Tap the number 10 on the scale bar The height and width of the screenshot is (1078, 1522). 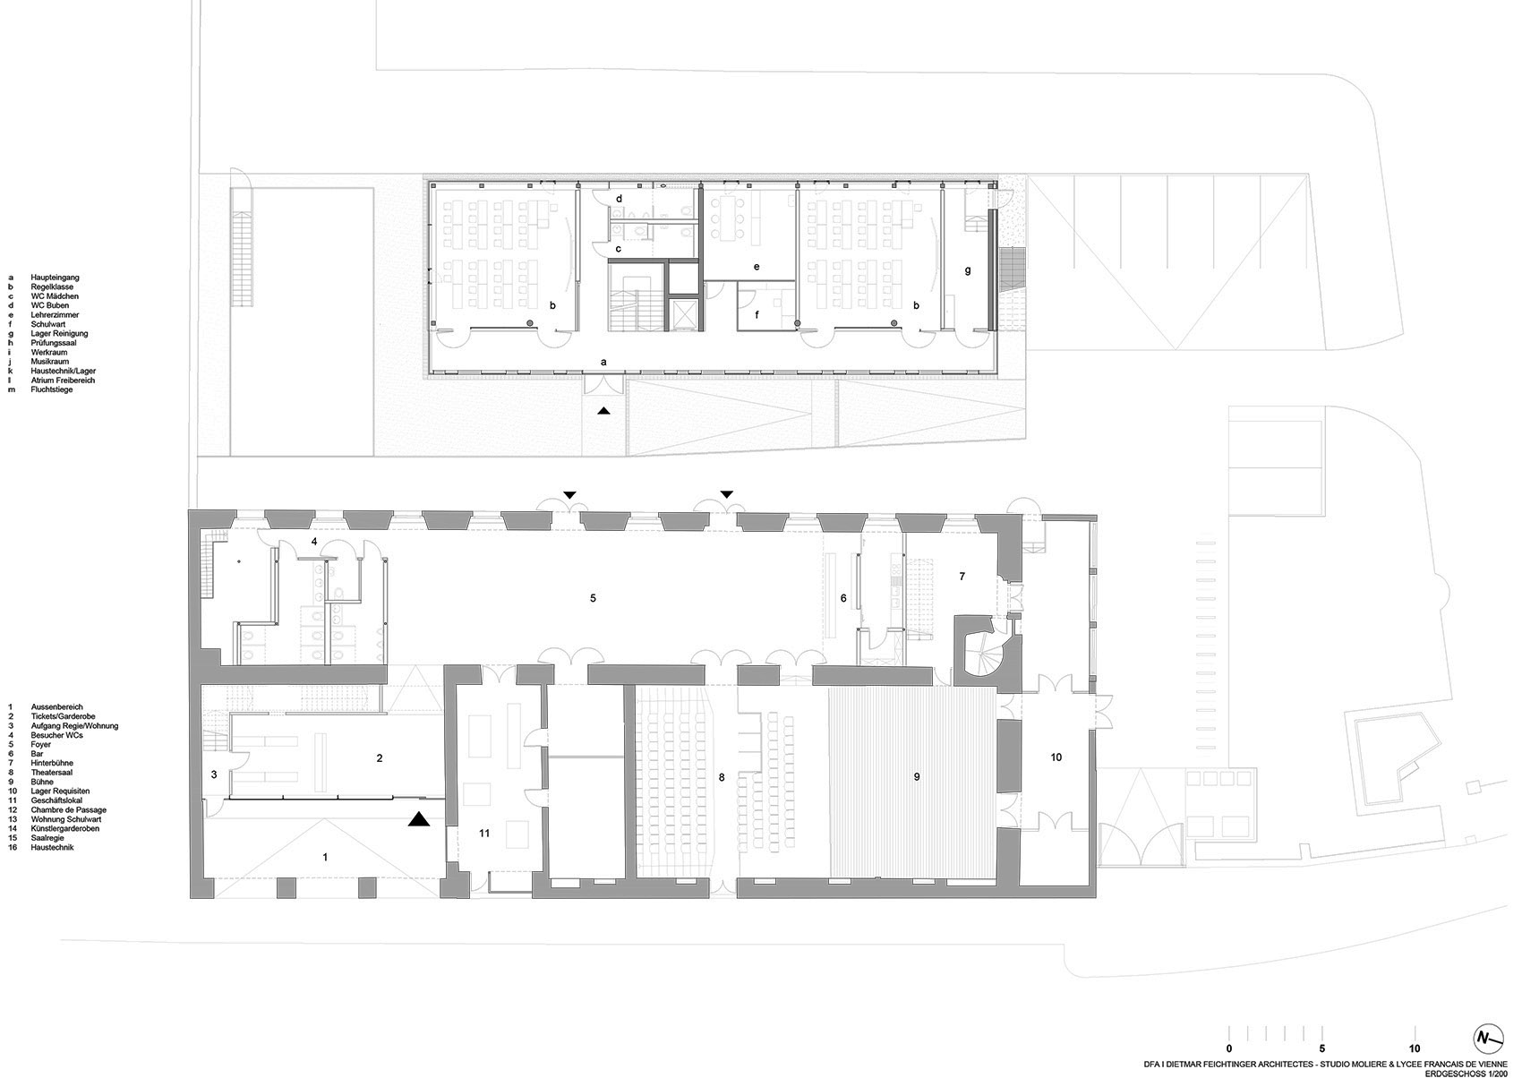(1415, 1048)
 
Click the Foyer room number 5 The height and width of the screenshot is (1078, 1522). (593, 597)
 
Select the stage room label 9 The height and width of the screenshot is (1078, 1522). (917, 777)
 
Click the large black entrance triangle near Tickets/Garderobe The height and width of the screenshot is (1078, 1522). (418, 819)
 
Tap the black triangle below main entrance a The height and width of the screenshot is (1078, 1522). (604, 410)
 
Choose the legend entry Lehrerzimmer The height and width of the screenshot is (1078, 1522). (55, 315)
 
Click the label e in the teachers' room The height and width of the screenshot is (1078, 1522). (757, 267)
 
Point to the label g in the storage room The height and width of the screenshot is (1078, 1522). (968, 269)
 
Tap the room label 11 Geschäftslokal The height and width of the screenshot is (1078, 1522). (484, 833)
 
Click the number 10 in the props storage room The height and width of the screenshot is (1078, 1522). (1056, 757)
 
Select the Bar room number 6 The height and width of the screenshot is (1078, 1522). (843, 598)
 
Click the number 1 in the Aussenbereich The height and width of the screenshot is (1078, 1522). (325, 857)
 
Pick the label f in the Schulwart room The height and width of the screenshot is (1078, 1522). (757, 314)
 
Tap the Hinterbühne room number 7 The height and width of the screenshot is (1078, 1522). (962, 577)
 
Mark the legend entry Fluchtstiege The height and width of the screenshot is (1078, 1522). (52, 389)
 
